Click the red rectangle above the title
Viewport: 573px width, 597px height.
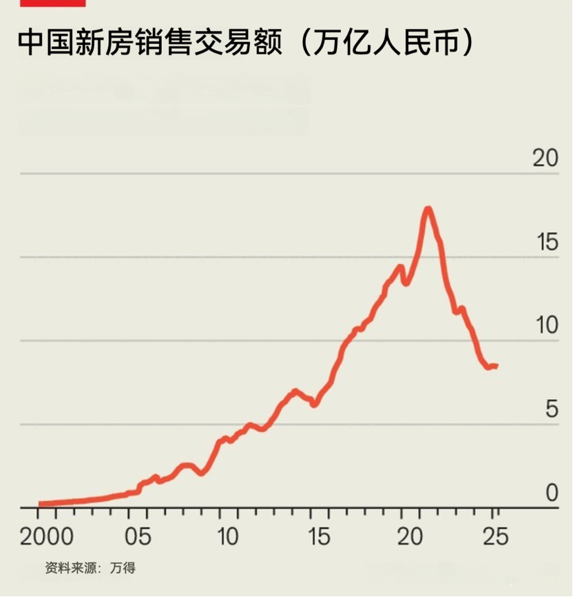52,3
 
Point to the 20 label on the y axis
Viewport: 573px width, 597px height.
545,158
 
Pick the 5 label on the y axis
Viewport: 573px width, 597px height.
551,409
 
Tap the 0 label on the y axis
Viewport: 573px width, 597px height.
552,493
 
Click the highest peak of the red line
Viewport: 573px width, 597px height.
428,208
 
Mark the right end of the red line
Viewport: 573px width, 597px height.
497,365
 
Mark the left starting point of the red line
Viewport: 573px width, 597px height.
40,504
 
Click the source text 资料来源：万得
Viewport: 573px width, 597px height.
90,568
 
